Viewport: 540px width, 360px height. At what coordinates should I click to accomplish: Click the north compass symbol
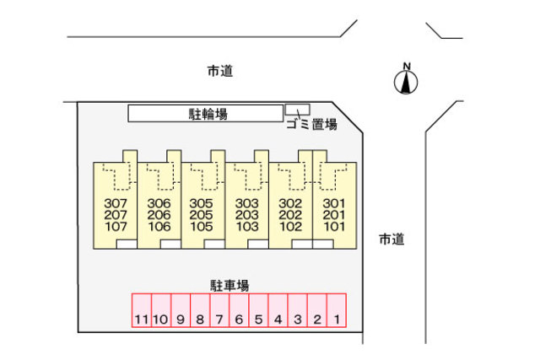[407, 80]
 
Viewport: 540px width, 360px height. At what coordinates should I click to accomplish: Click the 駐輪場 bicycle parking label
[207, 113]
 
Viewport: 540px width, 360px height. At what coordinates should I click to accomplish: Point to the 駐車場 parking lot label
[229, 286]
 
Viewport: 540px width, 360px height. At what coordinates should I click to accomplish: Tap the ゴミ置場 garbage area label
[311, 125]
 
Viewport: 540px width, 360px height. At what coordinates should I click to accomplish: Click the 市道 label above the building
[219, 72]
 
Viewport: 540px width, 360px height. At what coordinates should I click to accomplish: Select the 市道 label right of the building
[391, 239]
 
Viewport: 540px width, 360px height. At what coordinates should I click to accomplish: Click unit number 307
[115, 203]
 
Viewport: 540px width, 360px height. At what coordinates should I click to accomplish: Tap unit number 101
[334, 226]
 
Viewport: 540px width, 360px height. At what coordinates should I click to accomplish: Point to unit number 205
[202, 215]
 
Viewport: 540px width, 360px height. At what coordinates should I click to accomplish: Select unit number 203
[246, 215]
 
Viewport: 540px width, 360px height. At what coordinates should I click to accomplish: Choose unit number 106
[159, 226]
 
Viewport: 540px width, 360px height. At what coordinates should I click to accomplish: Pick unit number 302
[290, 203]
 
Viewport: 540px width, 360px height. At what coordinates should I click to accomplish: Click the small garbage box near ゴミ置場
[297, 109]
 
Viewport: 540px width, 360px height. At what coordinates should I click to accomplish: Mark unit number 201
[334, 215]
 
